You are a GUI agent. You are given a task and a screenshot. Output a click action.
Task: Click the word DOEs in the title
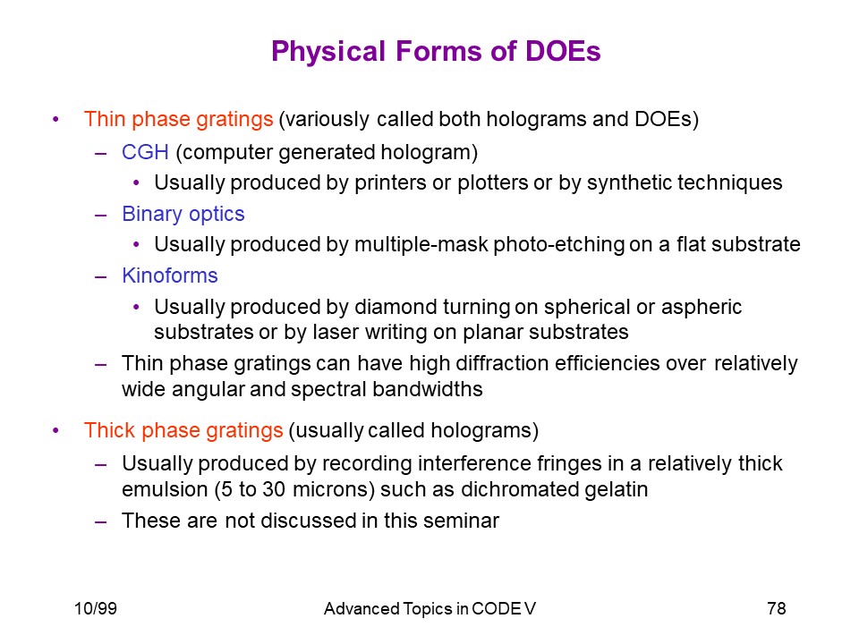point(563,51)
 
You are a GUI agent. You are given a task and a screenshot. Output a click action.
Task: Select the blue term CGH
point(145,152)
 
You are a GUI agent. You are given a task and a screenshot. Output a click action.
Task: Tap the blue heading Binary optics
point(183,214)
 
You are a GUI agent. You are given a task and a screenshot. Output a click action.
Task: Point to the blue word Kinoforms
point(170,275)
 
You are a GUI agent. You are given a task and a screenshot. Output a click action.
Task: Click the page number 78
point(777,608)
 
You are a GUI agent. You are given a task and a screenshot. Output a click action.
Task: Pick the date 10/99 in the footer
point(96,608)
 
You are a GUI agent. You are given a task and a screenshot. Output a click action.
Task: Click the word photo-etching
point(558,244)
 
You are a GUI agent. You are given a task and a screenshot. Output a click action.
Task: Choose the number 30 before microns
point(274,489)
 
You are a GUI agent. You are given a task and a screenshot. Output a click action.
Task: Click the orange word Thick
point(109,430)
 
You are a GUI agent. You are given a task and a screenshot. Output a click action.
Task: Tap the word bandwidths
point(428,389)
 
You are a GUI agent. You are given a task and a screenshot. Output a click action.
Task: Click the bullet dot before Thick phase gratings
point(55,431)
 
